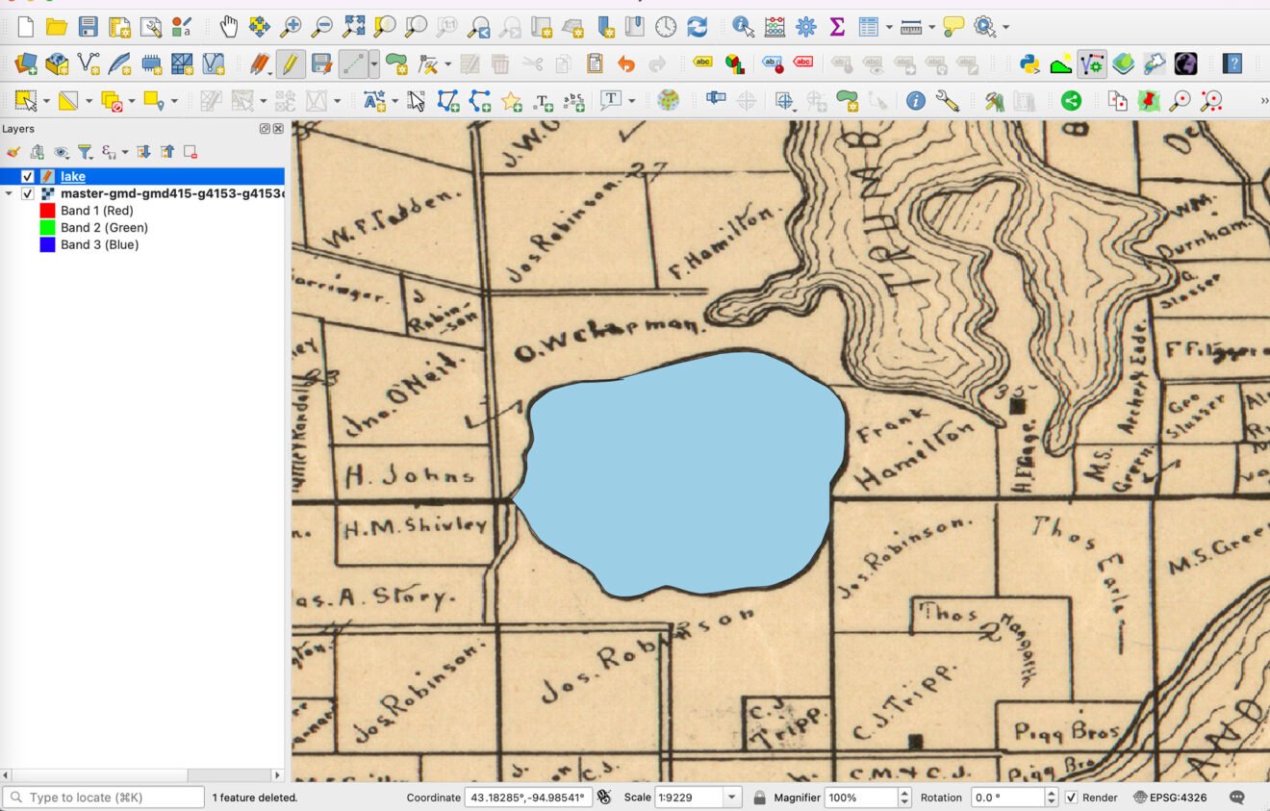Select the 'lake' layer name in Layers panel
click(x=73, y=176)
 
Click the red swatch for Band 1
click(x=47, y=211)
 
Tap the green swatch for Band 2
click(x=47, y=228)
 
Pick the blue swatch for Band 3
click(x=47, y=245)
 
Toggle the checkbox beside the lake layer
click(x=28, y=176)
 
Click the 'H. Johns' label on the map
click(x=410, y=474)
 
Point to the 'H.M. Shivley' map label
click(x=416, y=525)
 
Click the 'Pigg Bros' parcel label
click(x=1066, y=733)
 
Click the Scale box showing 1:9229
click(x=687, y=798)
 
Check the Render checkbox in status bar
click(x=1072, y=798)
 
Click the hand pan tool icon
click(x=228, y=27)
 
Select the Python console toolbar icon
click(x=1029, y=64)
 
